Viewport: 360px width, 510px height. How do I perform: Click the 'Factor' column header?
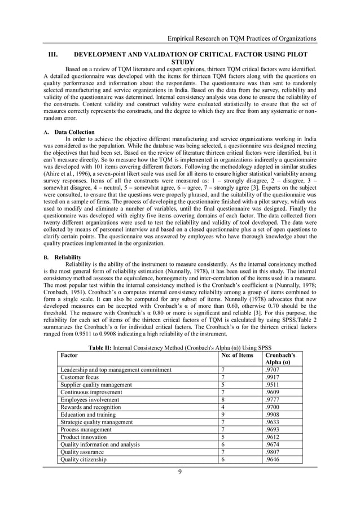(69, 356)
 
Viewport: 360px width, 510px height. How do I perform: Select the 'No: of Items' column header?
(237, 356)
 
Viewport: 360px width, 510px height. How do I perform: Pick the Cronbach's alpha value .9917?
(273, 377)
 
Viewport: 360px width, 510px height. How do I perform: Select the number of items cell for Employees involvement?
(223, 399)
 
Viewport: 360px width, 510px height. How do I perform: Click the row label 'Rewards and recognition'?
(90, 407)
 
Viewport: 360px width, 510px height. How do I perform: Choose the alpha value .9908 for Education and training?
(273, 415)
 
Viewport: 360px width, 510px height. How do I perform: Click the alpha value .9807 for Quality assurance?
(273, 452)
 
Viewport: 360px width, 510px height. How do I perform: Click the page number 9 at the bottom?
(179, 472)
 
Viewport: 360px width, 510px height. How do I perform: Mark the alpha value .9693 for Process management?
(273, 430)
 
